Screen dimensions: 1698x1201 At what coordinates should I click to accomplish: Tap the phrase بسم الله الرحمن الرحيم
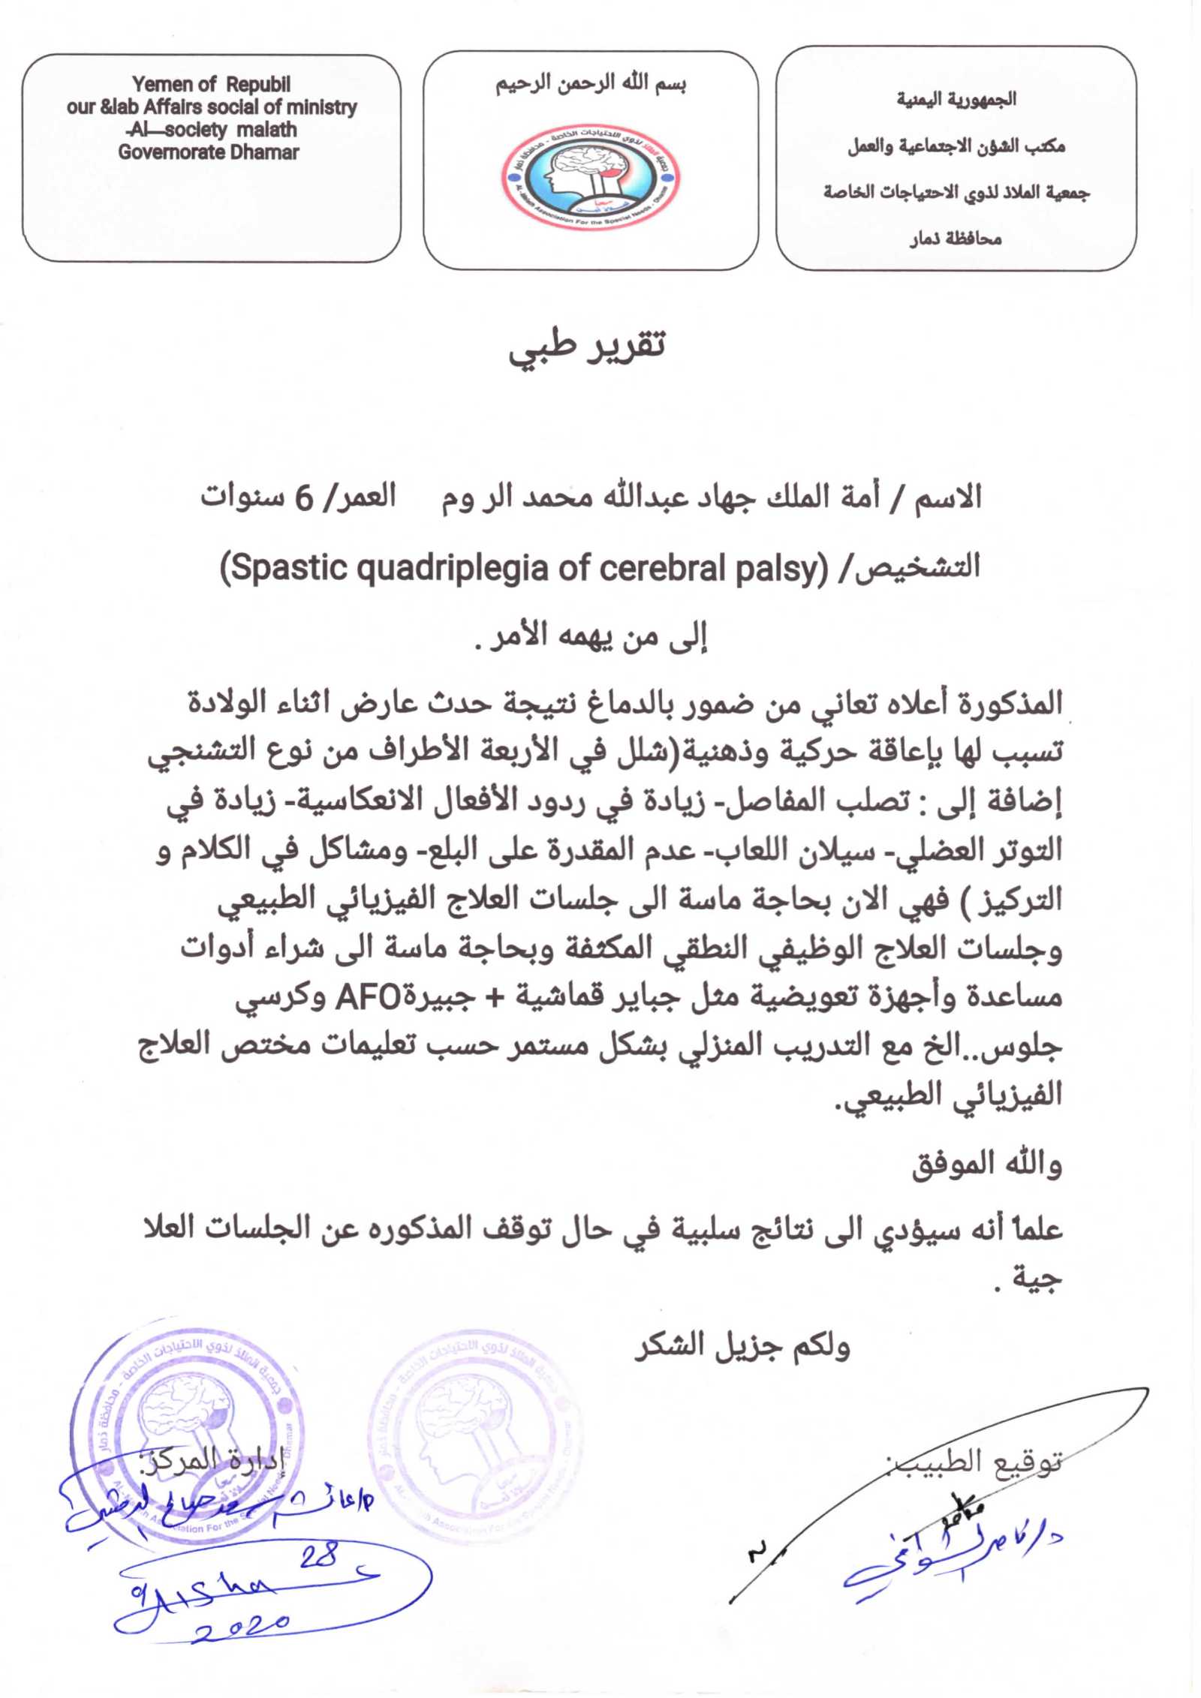(x=590, y=83)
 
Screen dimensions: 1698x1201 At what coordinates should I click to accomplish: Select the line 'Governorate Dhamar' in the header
(x=208, y=152)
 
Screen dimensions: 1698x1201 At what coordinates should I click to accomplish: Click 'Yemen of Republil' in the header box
(x=211, y=84)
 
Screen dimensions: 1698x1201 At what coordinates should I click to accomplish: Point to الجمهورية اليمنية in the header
(x=956, y=99)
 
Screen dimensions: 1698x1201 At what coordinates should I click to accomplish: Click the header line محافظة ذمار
(x=956, y=239)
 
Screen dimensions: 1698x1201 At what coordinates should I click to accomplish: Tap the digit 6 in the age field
(x=303, y=498)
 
